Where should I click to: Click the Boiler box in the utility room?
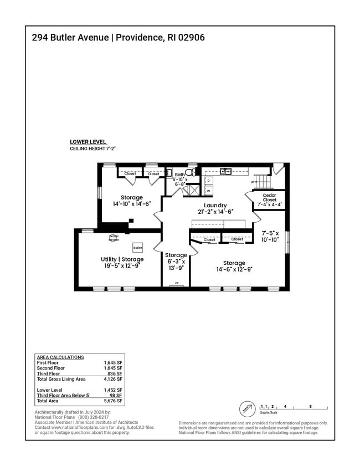[x=137, y=248]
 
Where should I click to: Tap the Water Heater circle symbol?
[x=114, y=238]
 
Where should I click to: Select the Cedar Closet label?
[x=269, y=198]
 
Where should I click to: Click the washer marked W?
[x=208, y=191]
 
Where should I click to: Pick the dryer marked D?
[x=208, y=181]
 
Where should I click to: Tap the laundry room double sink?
[x=225, y=171]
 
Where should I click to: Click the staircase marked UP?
[x=266, y=181]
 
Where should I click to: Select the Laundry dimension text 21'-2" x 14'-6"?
[x=215, y=211]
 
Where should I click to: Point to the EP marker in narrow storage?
[x=176, y=283]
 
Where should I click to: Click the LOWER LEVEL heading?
[x=88, y=142]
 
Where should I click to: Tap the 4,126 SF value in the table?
[x=112, y=379]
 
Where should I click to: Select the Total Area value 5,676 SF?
[x=112, y=401]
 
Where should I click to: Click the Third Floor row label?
[x=48, y=373]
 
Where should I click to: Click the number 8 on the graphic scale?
[x=310, y=406]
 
